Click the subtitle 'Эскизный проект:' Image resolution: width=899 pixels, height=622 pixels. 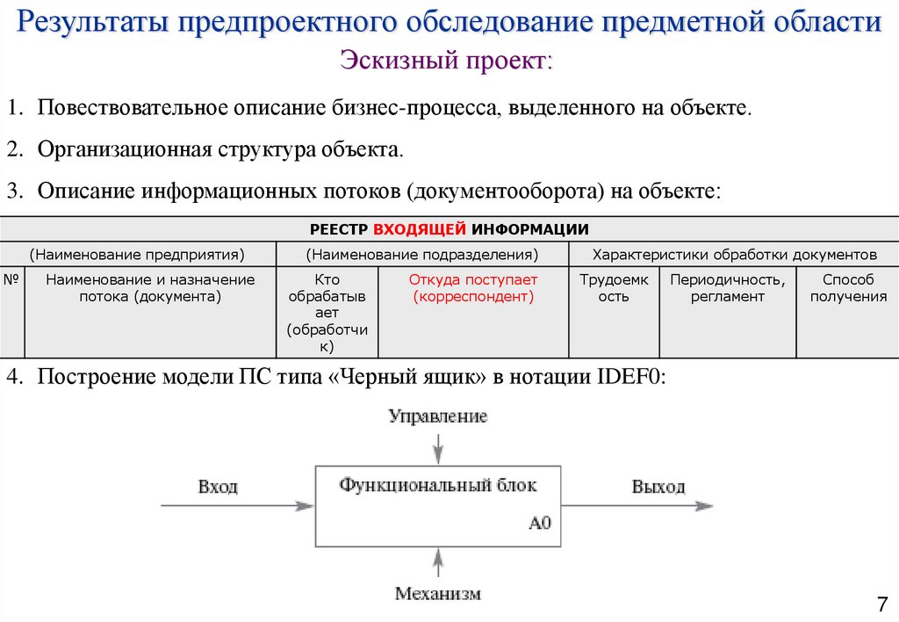pos(447,61)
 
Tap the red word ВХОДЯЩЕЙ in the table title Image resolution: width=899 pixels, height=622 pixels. pos(420,229)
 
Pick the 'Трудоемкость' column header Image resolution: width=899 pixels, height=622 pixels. pos(614,288)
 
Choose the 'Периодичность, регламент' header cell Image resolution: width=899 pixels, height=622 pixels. pos(727,288)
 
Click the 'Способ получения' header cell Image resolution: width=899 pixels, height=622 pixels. pos(848,288)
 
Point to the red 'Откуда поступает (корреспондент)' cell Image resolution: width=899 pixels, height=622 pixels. pos(473,288)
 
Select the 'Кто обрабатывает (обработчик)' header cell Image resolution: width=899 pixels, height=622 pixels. pos(327,313)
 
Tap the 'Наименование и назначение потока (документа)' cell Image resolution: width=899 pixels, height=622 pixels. pos(150,288)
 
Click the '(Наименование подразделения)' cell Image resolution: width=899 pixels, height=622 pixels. pos(422,255)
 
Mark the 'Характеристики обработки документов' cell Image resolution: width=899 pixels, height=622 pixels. pos(734,255)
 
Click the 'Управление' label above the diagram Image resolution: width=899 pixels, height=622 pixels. pos(437,416)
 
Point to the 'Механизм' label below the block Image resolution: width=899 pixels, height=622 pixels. pos(437,594)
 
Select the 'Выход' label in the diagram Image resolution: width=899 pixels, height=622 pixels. pos(658,487)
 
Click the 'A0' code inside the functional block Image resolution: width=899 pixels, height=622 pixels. pos(539,524)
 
